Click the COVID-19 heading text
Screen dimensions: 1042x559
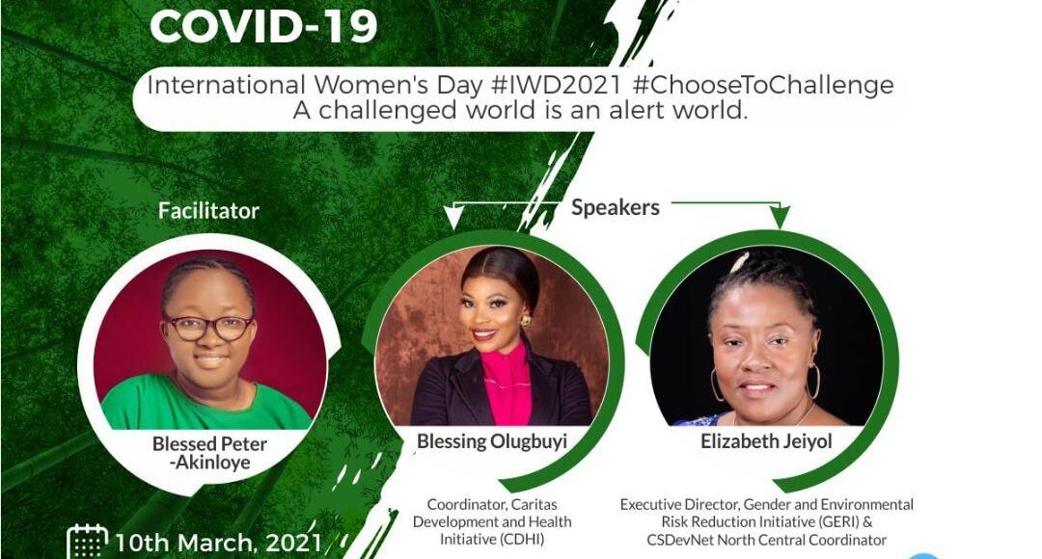coord(263,26)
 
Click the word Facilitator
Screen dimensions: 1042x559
coord(208,211)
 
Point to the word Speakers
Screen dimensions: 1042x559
coord(616,208)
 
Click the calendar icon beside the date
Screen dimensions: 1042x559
coord(88,541)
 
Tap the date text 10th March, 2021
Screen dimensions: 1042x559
coord(219,543)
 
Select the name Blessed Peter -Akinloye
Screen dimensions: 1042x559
coord(210,453)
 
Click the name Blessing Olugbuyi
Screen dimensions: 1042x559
coord(492,441)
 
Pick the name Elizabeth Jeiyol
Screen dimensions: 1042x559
coord(766,441)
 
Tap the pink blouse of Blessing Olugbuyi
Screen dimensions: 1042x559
coord(508,386)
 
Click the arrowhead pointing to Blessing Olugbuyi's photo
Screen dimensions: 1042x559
coord(453,217)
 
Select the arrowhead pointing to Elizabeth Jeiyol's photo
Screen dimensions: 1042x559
coord(781,217)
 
